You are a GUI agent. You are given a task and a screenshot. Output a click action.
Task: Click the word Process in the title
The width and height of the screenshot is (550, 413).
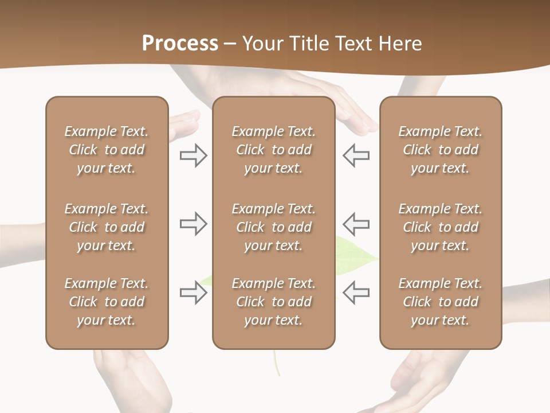(180, 44)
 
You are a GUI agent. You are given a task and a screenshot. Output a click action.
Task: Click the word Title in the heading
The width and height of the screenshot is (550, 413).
(309, 44)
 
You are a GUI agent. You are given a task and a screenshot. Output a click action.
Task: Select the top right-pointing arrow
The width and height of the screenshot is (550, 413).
(193, 155)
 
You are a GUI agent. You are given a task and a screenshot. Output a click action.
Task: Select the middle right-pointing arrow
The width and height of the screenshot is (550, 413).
(193, 224)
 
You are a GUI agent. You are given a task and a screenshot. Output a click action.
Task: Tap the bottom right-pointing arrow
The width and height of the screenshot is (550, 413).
(193, 293)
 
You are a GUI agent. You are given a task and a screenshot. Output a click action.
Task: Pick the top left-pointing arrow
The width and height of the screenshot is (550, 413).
(356, 155)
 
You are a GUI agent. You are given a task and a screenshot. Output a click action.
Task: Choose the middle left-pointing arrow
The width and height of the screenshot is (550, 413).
(356, 224)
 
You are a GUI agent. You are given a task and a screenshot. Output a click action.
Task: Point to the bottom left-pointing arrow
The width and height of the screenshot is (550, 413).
(356, 293)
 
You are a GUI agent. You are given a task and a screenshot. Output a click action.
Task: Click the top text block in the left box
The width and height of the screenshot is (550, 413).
(107, 150)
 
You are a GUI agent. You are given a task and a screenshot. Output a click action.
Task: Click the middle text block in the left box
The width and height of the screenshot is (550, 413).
(107, 227)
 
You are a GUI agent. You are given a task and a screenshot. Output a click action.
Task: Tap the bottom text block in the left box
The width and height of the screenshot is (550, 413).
(107, 302)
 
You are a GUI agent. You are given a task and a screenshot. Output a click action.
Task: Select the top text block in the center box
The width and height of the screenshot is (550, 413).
(273, 150)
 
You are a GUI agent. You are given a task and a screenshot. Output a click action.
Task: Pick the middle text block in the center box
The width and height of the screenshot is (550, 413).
(273, 227)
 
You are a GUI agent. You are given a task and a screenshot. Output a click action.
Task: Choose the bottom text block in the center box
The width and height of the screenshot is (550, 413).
(273, 302)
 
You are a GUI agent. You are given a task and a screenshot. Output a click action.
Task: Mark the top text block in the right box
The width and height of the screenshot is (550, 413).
(440, 150)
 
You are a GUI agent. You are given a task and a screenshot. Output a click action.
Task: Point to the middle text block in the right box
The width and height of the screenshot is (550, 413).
(440, 227)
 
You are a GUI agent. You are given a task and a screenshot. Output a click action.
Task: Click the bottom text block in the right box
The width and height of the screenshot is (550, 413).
(440, 302)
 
